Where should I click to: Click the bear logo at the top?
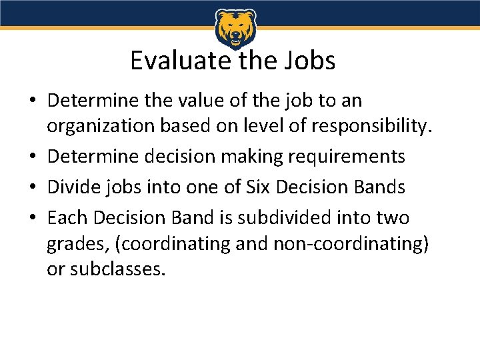(x=235, y=28)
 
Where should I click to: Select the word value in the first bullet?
(x=193, y=101)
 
